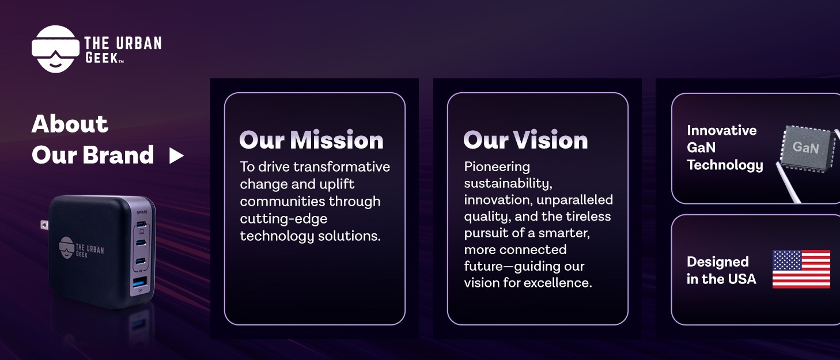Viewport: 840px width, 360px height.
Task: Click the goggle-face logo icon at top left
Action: [55, 49]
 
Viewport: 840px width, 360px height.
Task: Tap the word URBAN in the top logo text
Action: [139, 44]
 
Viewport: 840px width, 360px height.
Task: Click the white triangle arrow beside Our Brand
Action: [176, 156]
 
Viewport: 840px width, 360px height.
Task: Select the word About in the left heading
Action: [70, 124]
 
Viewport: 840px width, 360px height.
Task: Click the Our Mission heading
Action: [311, 140]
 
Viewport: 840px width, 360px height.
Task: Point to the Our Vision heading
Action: [525, 140]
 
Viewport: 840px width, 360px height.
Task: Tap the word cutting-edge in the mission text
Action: [283, 219]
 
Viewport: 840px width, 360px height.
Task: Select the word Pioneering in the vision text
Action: [497, 167]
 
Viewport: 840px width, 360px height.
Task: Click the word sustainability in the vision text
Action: [506, 183]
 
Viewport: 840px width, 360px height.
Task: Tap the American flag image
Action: [801, 269]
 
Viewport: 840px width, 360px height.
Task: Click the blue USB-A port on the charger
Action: [139, 283]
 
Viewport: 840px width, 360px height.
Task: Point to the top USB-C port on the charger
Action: [141, 224]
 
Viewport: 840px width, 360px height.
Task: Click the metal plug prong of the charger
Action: [44, 225]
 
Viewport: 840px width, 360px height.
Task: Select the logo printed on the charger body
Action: [81, 248]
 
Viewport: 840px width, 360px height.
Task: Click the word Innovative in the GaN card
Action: [721, 131]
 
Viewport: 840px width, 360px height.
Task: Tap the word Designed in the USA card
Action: [717, 262]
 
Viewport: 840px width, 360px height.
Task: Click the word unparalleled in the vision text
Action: [576, 200]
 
